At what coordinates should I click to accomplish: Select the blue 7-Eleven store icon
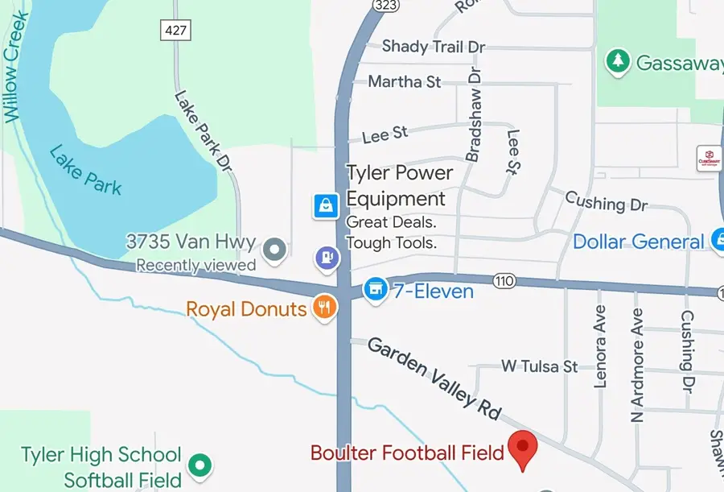[375, 289]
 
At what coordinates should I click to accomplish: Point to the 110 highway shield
[504, 280]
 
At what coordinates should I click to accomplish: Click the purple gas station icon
[328, 258]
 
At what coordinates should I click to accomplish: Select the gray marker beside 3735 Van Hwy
[275, 249]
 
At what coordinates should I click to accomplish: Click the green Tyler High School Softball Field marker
[200, 465]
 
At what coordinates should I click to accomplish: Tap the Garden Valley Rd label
[434, 377]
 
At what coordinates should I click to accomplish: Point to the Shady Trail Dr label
[434, 47]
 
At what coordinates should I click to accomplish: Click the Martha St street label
[405, 81]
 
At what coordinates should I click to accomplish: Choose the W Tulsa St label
[539, 366]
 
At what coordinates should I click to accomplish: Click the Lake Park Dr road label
[202, 130]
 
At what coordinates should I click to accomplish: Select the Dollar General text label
[638, 242]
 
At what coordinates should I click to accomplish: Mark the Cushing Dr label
[606, 201]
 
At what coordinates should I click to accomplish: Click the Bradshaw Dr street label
[473, 114]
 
